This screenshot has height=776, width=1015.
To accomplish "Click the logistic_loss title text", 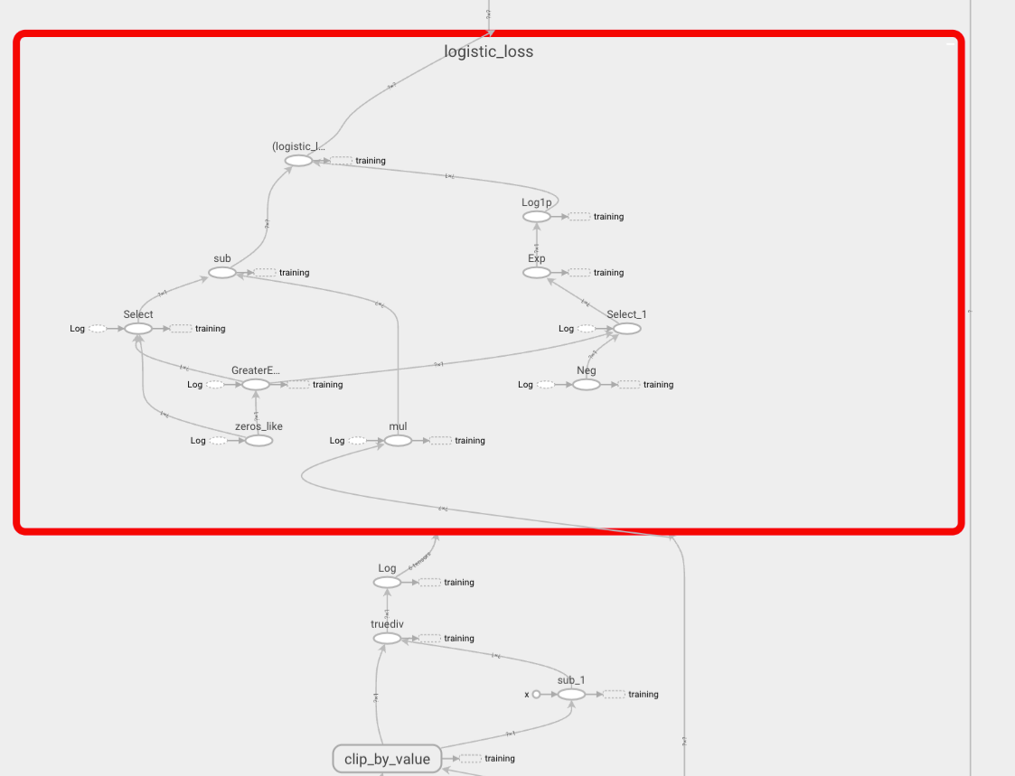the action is (x=488, y=51).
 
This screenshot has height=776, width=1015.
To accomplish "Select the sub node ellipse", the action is (x=221, y=272).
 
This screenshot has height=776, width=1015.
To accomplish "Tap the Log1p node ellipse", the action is (x=536, y=217).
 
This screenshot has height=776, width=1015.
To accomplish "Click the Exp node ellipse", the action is (x=536, y=272).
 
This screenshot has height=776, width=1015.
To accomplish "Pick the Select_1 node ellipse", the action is (x=626, y=328).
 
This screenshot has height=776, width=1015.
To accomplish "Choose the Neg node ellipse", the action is (x=586, y=384).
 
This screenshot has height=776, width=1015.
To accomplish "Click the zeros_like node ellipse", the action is (x=258, y=440).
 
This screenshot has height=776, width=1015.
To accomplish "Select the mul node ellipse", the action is (x=398, y=440).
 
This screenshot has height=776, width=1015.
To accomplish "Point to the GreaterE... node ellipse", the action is (x=256, y=384).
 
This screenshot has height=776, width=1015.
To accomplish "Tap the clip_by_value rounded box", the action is (x=387, y=759).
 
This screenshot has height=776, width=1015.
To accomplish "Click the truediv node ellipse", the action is (x=387, y=639).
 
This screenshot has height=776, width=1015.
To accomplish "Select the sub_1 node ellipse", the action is (x=571, y=694).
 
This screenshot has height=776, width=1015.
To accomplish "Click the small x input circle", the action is (x=536, y=694).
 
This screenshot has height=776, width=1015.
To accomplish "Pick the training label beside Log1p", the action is (x=608, y=217).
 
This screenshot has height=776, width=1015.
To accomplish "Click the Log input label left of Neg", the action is (x=525, y=385).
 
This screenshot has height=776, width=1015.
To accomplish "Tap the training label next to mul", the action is (x=469, y=441).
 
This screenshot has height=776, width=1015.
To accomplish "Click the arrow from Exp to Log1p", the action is (x=536, y=245).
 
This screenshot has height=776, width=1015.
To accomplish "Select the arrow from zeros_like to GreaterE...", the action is (x=257, y=412).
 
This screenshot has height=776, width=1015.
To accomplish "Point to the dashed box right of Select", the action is (x=181, y=329).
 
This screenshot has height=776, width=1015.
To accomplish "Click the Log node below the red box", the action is (x=387, y=583).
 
